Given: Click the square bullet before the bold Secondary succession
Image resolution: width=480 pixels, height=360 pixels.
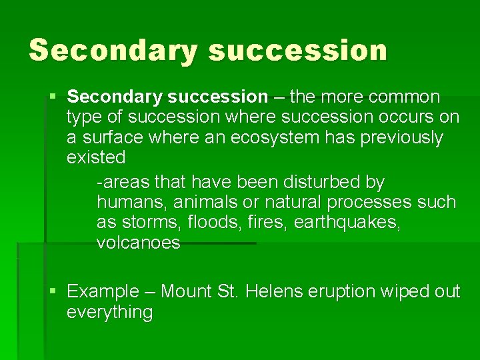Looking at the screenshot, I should (53, 97).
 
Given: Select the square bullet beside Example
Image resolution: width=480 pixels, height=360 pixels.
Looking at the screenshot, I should (53, 291).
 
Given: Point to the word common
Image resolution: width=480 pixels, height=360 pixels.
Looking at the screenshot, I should (405, 97).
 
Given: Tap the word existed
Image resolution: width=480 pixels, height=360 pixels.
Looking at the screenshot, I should (96, 158).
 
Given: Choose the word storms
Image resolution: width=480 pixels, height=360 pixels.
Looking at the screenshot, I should (147, 222).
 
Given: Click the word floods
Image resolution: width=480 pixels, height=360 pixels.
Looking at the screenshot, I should (205, 222).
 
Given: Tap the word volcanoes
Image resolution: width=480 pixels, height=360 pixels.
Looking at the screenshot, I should (139, 243).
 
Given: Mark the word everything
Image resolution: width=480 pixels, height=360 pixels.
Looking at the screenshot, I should (110, 312).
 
